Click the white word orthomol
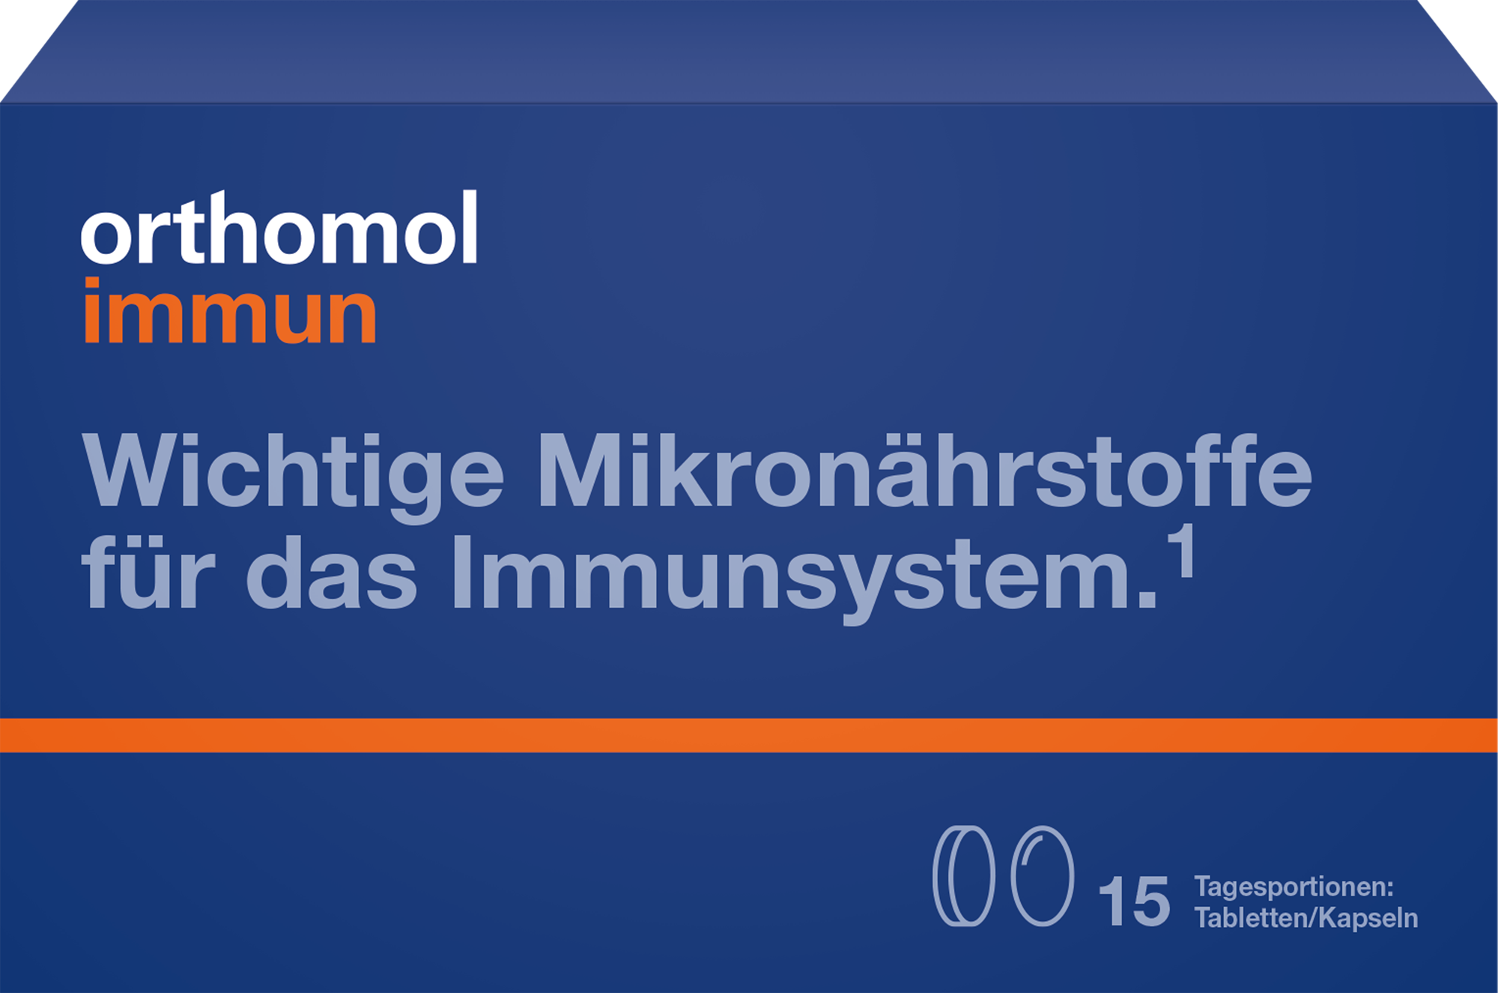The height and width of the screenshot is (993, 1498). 279,229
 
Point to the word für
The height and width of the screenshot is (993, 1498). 148,573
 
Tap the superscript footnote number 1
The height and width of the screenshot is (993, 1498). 1184,552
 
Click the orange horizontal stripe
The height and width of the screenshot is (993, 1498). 749,735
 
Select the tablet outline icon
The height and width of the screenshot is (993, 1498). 964,876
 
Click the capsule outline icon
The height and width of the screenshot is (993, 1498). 1042,876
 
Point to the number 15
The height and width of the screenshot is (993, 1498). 1133,902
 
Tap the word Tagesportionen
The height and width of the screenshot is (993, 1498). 1294,887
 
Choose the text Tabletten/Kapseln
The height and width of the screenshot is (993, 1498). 1306,918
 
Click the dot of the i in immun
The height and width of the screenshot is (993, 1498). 92,284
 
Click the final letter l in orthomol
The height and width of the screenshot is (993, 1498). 469,226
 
